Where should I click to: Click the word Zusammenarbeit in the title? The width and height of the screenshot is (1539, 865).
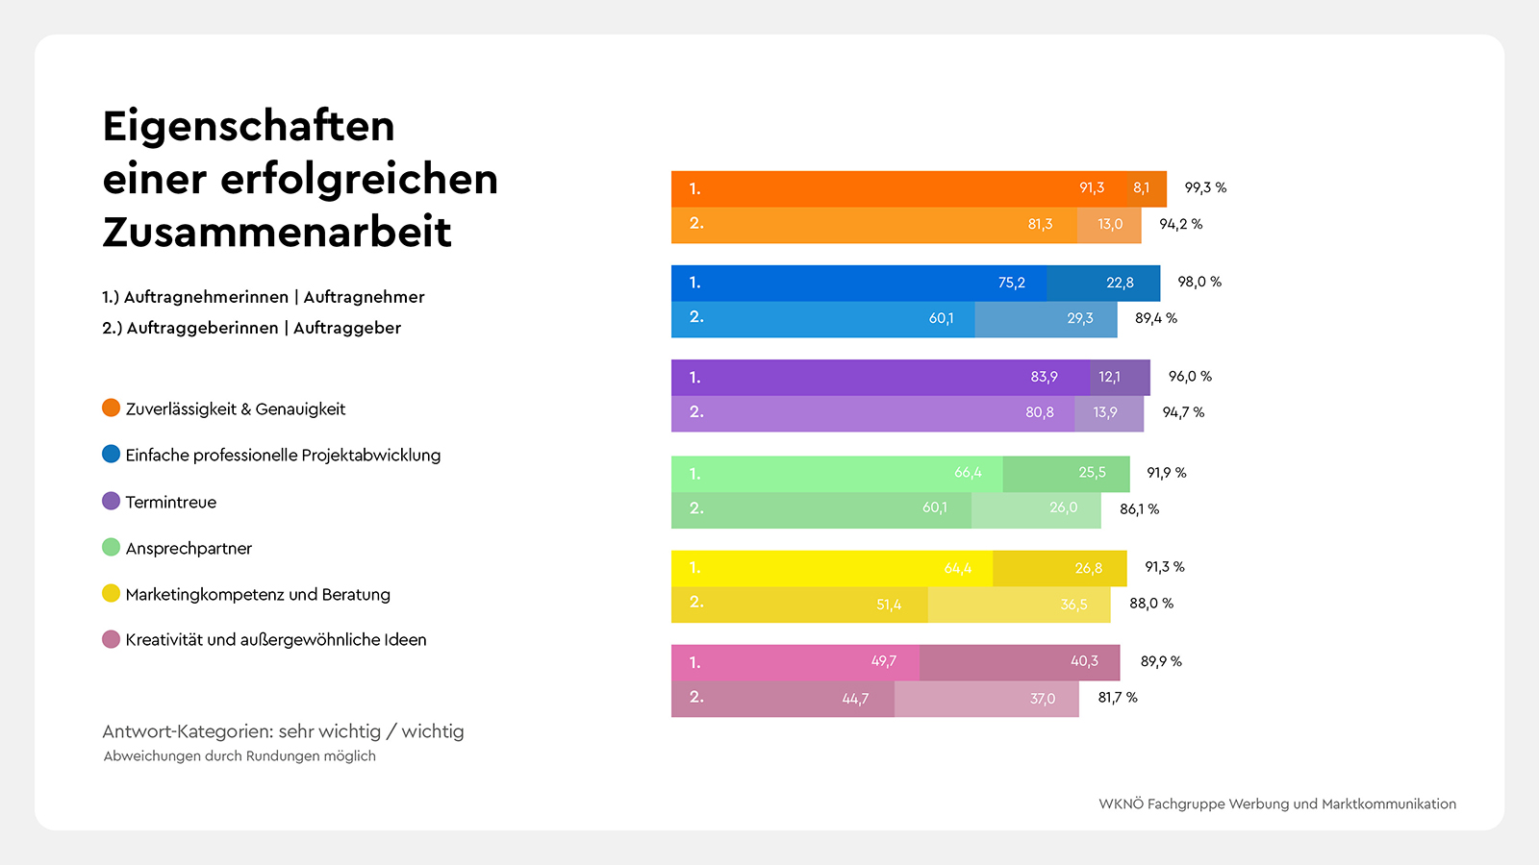click(277, 233)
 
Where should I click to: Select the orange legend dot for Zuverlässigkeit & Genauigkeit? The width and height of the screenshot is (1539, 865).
click(112, 408)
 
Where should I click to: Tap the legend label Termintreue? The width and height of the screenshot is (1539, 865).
click(170, 502)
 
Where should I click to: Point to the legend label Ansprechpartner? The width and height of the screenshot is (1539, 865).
click(189, 548)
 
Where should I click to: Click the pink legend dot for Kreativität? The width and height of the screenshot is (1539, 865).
click(112, 639)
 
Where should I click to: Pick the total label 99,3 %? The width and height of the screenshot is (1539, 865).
click(1205, 187)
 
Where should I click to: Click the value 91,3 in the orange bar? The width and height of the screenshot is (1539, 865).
click(1091, 187)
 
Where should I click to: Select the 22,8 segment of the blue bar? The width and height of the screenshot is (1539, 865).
click(1104, 283)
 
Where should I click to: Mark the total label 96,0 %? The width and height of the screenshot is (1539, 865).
click(1190, 376)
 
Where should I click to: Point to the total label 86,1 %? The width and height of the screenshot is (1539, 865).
click(1139, 508)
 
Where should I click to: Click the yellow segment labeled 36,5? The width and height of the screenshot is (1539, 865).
click(1020, 605)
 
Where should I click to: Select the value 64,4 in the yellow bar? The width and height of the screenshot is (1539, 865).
click(957, 568)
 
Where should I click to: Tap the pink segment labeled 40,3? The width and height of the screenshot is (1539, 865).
click(1020, 661)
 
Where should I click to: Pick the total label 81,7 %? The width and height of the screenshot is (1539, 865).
click(1118, 697)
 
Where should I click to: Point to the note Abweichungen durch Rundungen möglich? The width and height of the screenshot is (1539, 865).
click(240, 755)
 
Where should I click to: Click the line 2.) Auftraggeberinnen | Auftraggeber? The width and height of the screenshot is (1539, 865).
click(251, 328)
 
